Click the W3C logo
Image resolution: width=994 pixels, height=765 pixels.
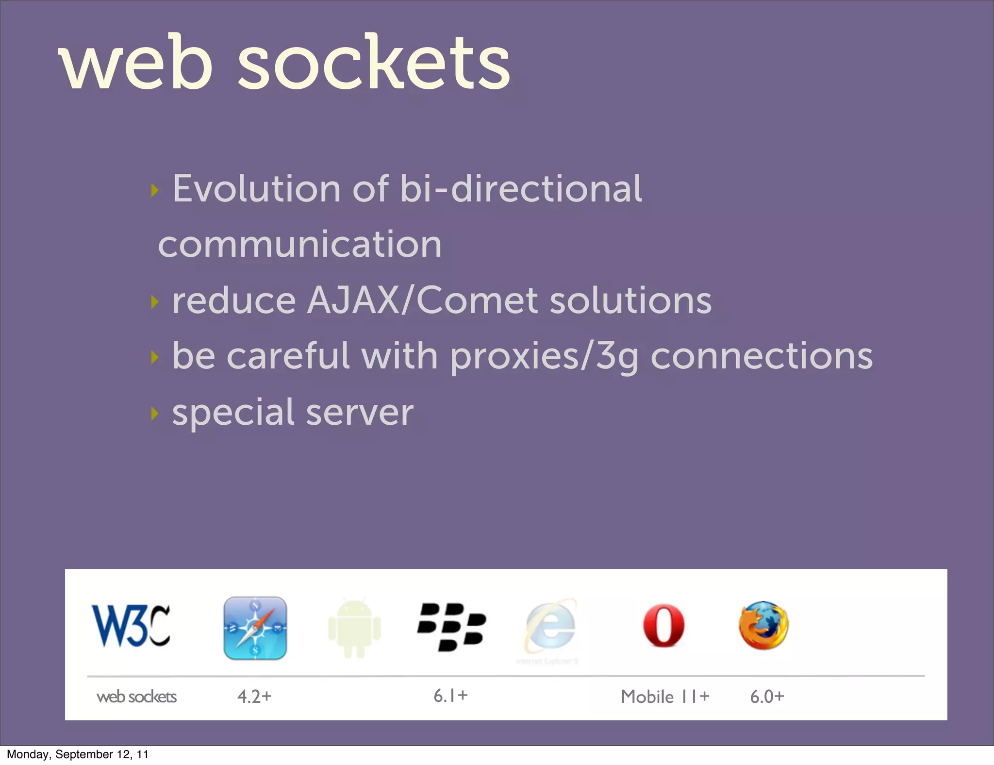131,626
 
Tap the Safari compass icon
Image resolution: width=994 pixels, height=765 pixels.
255,628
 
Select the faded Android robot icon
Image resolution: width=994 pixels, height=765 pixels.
354,628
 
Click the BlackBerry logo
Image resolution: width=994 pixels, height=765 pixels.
451,627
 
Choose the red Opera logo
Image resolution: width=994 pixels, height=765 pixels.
663,626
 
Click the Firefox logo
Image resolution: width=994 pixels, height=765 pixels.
763,625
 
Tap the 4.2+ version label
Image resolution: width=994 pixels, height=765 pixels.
254,697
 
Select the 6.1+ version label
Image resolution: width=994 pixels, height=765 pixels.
450,696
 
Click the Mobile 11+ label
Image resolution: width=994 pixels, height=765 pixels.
665,697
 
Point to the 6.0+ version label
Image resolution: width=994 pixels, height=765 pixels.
767,697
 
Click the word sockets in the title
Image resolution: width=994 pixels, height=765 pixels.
374,63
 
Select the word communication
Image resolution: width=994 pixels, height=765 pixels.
300,244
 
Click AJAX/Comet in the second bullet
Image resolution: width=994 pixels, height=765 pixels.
422,300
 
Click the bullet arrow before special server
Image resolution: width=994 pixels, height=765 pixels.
155,414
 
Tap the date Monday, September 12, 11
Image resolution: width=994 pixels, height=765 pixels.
78,754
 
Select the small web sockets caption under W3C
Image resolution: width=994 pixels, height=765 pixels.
136,697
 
